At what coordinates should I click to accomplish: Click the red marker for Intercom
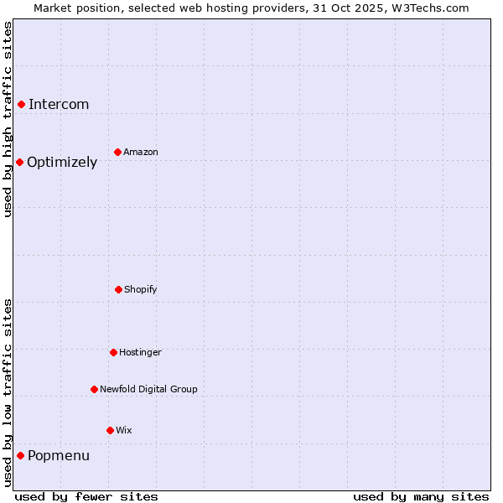coord(21,104)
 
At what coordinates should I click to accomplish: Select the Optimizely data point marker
coord(19,162)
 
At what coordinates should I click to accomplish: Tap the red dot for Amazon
coord(117,152)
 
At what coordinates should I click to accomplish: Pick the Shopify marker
coord(118,289)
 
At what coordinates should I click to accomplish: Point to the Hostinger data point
coord(113,352)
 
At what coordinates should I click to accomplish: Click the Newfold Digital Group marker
coord(94,389)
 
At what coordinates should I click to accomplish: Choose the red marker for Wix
coord(110,430)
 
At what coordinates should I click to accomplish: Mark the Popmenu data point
coord(20,455)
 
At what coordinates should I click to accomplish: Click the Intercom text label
coord(59,104)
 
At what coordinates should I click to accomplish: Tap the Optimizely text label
coord(62,162)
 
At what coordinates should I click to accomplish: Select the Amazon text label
coord(141,152)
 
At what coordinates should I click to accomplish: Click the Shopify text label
coord(141,289)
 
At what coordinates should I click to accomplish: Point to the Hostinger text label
coord(140,352)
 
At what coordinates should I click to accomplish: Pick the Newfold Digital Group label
coord(148,389)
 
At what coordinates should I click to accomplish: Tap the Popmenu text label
coord(59,455)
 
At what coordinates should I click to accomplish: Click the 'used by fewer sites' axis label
coord(86,496)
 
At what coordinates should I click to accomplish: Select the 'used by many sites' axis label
coord(421,496)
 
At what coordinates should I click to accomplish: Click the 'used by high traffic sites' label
coord(8,119)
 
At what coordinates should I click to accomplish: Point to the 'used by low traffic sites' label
coord(8,392)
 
